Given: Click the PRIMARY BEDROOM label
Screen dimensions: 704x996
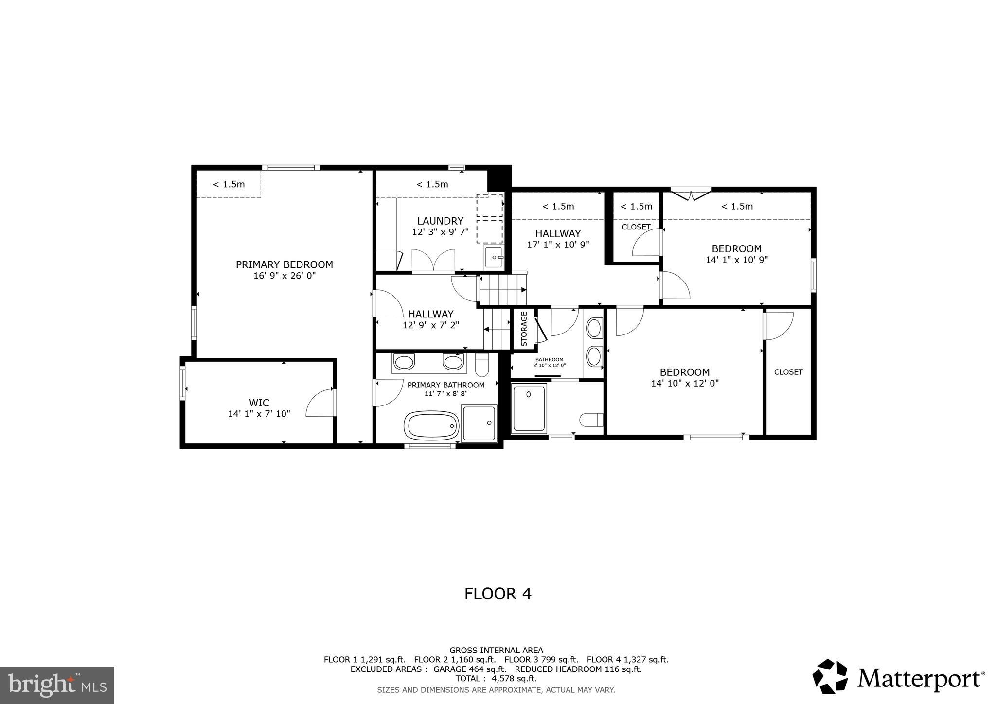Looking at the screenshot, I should (285, 264).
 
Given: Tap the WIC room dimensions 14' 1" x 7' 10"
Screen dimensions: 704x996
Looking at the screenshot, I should (259, 414).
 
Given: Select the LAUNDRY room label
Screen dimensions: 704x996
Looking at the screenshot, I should (440, 221).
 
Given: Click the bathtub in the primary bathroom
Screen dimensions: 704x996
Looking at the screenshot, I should (431, 425).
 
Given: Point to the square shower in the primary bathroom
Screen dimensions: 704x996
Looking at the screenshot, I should (479, 423).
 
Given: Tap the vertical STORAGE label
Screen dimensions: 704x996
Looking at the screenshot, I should (524, 329).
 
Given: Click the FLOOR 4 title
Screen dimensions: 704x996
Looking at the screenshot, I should (498, 594).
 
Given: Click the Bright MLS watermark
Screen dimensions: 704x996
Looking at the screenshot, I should (57, 685).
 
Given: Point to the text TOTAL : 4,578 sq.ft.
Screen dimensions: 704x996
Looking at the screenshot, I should (496, 679).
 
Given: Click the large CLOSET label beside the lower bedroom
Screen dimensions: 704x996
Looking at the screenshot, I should (788, 372).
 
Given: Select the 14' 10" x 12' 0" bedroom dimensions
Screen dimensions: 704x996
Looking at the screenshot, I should (685, 384).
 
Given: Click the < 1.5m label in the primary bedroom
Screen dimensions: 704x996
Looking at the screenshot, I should (229, 184).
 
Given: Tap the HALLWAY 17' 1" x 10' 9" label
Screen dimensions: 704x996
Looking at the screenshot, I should (558, 239).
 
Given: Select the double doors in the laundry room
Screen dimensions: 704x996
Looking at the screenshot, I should (433, 260).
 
